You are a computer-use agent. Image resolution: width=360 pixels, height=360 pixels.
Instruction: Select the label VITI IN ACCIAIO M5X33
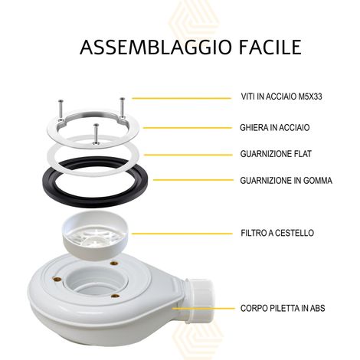point(281,97)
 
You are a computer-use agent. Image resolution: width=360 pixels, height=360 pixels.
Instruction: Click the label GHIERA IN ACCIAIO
point(275,127)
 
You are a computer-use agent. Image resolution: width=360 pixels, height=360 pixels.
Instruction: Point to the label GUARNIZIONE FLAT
point(276,154)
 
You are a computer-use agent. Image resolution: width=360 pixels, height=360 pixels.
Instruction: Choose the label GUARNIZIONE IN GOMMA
point(286,181)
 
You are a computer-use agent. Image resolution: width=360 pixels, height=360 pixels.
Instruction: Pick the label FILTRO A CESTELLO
point(277,233)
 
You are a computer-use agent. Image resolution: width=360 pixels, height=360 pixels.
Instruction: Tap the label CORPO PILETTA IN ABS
point(283,308)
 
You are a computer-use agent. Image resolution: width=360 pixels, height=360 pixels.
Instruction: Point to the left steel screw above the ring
point(61,110)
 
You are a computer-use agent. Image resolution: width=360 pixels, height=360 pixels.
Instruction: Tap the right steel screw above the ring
point(123,107)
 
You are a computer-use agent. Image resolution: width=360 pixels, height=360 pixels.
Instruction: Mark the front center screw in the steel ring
point(96,134)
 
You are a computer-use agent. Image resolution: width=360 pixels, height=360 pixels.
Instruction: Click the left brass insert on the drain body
point(57,279)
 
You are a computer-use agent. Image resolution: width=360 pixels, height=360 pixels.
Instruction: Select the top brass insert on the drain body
point(113,263)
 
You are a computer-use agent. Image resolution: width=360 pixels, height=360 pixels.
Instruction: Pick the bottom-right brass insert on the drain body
point(116,296)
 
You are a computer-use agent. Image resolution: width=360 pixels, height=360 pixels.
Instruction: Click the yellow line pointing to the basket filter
point(182,234)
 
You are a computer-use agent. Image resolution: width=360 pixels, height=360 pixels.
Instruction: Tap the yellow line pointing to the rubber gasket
point(193,180)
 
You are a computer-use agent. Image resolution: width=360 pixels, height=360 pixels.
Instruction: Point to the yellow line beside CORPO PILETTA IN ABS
point(203,309)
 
